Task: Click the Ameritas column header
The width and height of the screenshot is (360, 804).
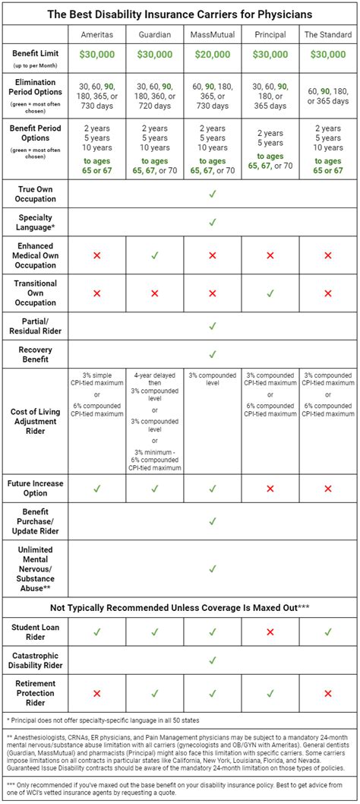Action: (96, 34)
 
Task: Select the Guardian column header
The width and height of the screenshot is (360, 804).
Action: (154, 34)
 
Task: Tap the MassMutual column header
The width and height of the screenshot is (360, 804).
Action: (212, 34)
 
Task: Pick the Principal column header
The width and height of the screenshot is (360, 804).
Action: (270, 34)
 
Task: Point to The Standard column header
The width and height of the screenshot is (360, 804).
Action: (327, 34)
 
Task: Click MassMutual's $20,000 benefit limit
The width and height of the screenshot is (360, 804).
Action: (212, 55)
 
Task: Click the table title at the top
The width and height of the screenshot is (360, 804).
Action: (180, 13)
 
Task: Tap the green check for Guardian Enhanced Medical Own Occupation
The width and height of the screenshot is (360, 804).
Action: (154, 256)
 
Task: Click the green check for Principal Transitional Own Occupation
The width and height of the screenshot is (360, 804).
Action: (270, 293)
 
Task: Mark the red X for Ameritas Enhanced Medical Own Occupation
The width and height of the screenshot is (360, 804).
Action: (96, 256)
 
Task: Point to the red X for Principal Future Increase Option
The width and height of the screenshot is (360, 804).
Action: (270, 489)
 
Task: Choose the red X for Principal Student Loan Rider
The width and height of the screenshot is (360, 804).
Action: (270, 631)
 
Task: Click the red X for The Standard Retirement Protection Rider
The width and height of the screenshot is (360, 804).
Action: (327, 693)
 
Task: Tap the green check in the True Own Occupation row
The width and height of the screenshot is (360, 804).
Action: (212, 194)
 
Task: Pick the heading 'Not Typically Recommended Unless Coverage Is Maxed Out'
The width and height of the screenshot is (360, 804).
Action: (180, 607)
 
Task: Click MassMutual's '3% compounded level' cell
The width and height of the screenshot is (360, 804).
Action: (212, 378)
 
